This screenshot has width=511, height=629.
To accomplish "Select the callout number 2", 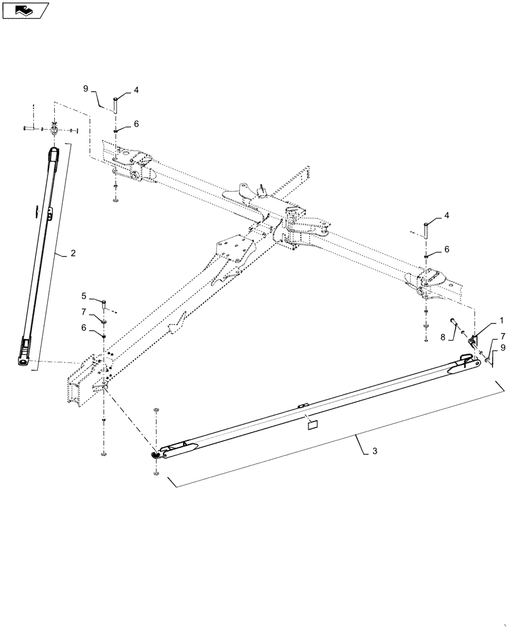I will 73,253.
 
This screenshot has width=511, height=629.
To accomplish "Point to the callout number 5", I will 84,295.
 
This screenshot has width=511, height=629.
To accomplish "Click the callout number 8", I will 443,337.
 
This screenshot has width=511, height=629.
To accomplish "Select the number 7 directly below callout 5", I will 84,311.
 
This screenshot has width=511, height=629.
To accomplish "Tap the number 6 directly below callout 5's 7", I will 84,327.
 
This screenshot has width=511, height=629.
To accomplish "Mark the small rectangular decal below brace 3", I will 311,425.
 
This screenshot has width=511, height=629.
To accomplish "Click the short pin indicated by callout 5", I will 104,305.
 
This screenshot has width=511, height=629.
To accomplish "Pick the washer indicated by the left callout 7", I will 104,321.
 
